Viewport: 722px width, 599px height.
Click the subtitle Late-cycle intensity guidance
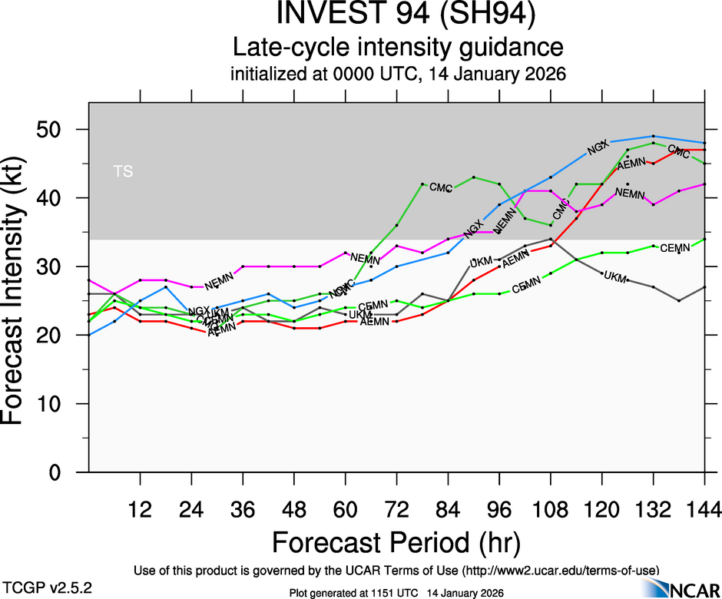coord(398,48)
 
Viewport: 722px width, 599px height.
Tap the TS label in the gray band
coord(123,171)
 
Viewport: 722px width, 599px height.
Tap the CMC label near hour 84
coord(440,187)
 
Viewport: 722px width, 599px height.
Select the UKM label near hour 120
coord(615,276)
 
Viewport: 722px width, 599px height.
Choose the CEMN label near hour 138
coord(675,247)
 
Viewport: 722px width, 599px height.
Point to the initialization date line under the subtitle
coord(398,75)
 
